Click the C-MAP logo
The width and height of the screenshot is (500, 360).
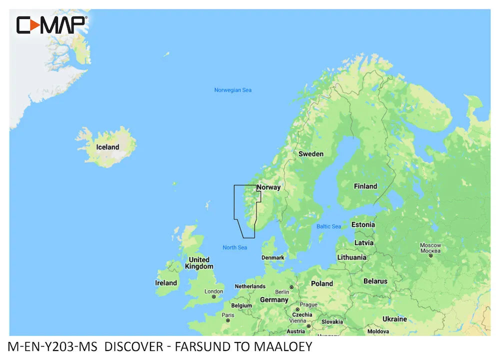point(51,24)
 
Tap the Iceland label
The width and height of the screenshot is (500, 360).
point(107,147)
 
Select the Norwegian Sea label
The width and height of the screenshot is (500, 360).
point(232,90)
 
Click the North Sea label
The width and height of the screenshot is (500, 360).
point(234,247)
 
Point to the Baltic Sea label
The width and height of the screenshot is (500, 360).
point(328,226)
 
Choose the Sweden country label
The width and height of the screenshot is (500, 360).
point(311,154)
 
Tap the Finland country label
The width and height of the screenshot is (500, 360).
point(365,186)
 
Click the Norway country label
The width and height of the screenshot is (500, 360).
point(268,187)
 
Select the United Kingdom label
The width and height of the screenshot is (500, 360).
point(199,263)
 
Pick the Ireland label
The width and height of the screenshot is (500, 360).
point(166,283)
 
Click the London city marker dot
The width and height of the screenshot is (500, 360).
point(214,296)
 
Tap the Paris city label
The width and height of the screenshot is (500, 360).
point(228,315)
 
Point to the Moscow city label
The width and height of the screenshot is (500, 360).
point(430,245)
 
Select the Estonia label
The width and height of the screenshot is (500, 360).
point(363,224)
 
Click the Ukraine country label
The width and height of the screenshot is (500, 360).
point(394,318)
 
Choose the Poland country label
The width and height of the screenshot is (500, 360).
point(322,283)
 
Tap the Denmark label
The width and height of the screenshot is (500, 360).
point(273,258)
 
